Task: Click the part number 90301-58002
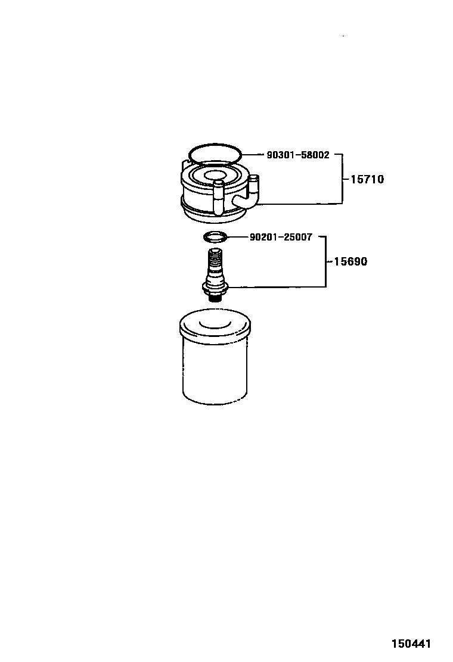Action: tap(297, 155)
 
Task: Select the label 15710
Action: tap(367, 179)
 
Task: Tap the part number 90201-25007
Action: tap(281, 237)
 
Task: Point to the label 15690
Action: tap(350, 262)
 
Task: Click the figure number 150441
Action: tap(411, 644)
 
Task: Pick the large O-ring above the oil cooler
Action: tap(215, 146)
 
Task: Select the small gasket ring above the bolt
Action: tap(216, 237)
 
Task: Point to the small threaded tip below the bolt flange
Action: tap(216, 297)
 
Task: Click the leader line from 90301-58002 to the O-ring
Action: tap(252, 155)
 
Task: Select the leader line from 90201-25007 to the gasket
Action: tap(237, 237)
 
